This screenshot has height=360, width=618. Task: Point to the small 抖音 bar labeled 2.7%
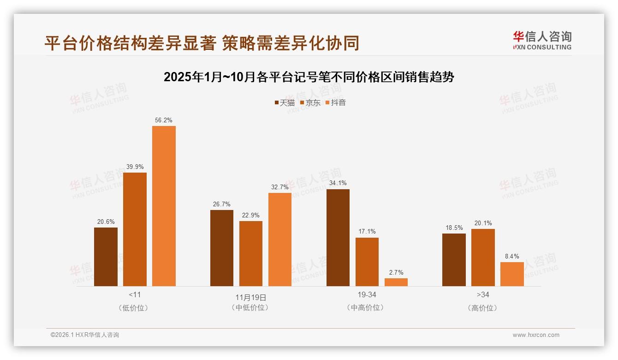(x=396, y=282)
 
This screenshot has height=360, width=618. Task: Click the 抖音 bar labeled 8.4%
(x=512, y=274)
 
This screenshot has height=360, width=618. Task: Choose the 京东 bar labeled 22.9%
(x=251, y=253)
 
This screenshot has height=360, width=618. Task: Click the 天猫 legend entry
(x=284, y=102)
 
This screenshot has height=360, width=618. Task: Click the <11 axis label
(x=135, y=294)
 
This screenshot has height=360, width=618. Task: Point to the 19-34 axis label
(x=367, y=294)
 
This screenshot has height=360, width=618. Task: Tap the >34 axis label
(x=483, y=294)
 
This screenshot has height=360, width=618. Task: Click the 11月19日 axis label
(x=251, y=298)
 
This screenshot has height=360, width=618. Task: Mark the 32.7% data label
(x=280, y=187)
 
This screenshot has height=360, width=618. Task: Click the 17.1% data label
(x=367, y=232)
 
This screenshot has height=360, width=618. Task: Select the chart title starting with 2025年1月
(x=309, y=77)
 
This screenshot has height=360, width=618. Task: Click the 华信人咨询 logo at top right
(x=542, y=40)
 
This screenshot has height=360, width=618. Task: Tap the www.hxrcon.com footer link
(x=536, y=335)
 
